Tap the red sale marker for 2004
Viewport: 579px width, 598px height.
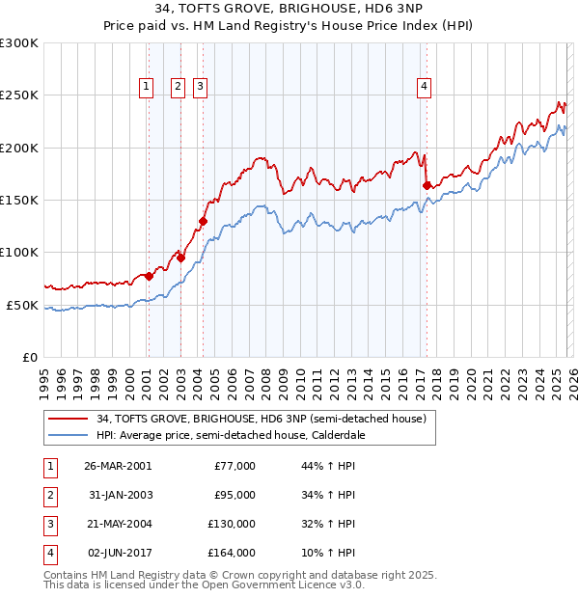point(204,221)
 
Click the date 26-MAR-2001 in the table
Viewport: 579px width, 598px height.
point(118,466)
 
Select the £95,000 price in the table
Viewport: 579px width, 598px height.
point(234,495)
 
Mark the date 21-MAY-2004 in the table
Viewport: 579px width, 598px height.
point(118,524)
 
